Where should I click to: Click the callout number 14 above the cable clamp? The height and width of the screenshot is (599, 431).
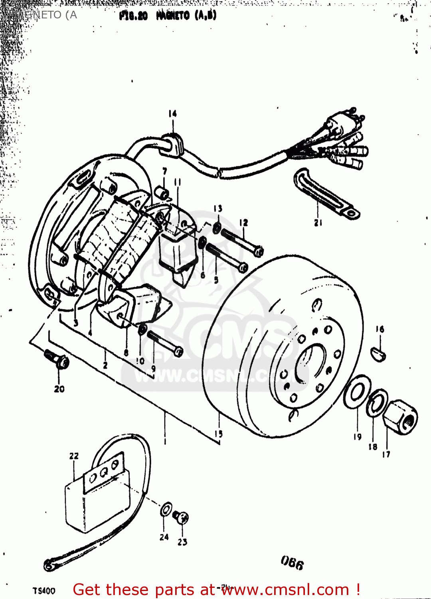coord(172,114)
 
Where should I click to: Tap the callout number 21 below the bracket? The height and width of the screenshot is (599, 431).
coord(318,223)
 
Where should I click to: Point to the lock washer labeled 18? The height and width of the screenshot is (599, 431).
coord(377,403)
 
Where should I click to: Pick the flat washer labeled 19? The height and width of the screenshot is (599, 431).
coord(357,394)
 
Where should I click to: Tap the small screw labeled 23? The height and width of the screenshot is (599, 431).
coord(182,518)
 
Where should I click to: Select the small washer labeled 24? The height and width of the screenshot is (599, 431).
coord(166,510)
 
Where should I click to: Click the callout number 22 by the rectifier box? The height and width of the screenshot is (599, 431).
coord(74,456)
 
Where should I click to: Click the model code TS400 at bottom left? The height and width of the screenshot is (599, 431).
coord(44,591)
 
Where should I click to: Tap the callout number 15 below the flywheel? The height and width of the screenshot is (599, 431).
coord(219,434)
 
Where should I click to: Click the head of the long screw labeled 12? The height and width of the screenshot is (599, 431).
coord(259,252)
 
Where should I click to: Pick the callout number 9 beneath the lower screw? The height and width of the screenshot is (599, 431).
coord(153,369)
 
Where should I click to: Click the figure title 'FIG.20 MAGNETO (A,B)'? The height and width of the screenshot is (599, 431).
coord(168,16)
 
